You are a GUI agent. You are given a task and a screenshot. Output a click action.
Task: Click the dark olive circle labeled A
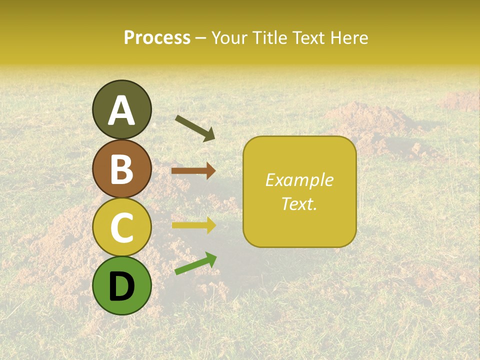pos(121,109)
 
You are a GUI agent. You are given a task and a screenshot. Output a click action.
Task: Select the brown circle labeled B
pos(121,168)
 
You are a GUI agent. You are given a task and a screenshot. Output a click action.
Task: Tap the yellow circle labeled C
pos(121,227)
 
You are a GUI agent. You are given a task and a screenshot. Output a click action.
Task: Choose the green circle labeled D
pos(121,285)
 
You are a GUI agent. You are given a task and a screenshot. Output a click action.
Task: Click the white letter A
pos(121,110)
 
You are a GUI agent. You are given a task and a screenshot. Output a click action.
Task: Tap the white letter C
pos(121,227)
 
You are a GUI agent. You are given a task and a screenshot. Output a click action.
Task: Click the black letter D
pos(121,286)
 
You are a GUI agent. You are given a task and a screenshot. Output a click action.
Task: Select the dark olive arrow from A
pos(195,128)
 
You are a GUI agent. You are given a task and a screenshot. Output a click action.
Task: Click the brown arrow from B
pos(193,171)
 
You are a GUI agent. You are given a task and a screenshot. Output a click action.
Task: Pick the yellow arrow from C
pos(193,225)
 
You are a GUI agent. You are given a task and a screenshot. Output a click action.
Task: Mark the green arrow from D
pos(195,263)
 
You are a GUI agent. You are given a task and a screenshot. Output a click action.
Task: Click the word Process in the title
pos(157,38)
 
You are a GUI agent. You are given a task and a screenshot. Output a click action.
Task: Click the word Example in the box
pos(299,180)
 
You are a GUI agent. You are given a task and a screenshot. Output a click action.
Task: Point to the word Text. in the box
pos(299,204)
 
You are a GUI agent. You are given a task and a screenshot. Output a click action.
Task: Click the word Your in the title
pos(229,38)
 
